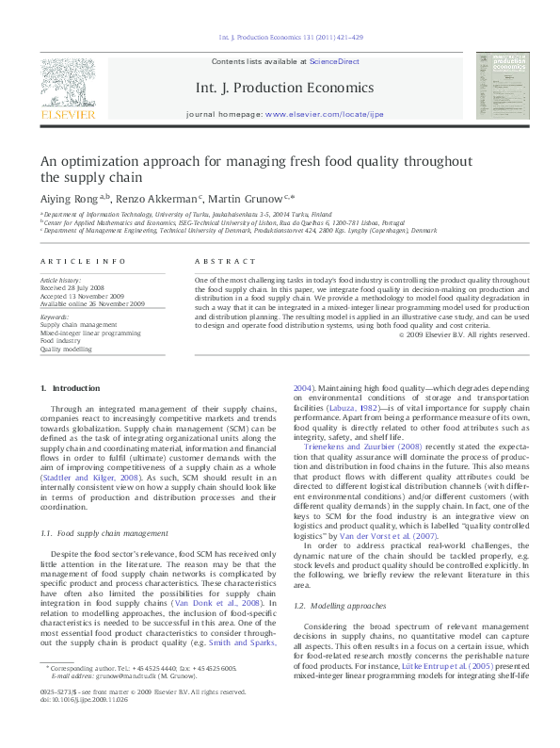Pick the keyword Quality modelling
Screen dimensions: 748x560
pyautogui.click(x=66, y=349)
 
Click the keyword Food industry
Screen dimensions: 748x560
pyautogui.click(x=60, y=340)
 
